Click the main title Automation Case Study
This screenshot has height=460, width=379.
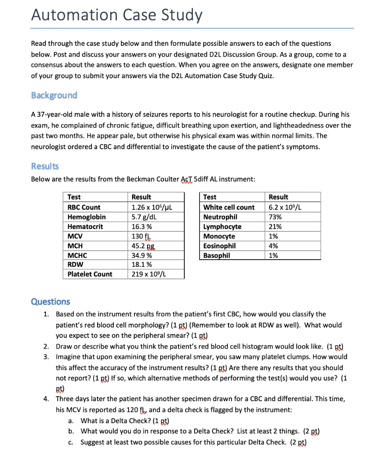117,15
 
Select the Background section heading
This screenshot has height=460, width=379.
54,95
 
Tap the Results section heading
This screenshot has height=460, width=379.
45,166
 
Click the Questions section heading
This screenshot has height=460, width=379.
50,301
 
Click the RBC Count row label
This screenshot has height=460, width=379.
84,207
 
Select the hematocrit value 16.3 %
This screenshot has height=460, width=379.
142,227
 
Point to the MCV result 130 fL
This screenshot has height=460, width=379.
140,236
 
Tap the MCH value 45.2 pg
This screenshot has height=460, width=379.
143,246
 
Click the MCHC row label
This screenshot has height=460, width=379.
77,256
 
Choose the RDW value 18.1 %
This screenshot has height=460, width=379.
142,265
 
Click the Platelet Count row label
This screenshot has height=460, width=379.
90,274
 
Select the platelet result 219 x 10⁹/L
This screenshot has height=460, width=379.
149,274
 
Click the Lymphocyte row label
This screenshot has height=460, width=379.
222,227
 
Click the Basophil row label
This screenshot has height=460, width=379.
217,255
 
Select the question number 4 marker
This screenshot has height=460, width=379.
46,399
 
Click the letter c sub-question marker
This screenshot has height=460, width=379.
71,442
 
